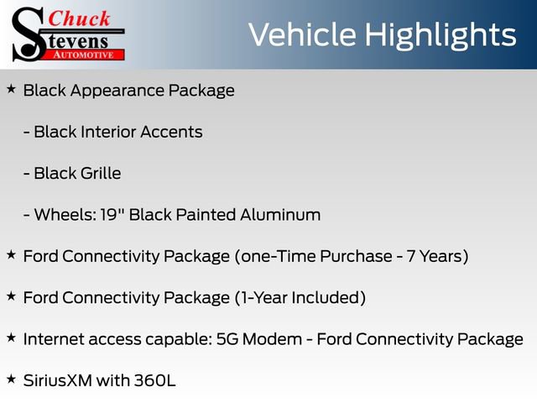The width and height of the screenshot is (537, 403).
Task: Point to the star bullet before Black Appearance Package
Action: click(11, 88)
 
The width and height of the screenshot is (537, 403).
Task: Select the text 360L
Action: click(154, 379)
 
